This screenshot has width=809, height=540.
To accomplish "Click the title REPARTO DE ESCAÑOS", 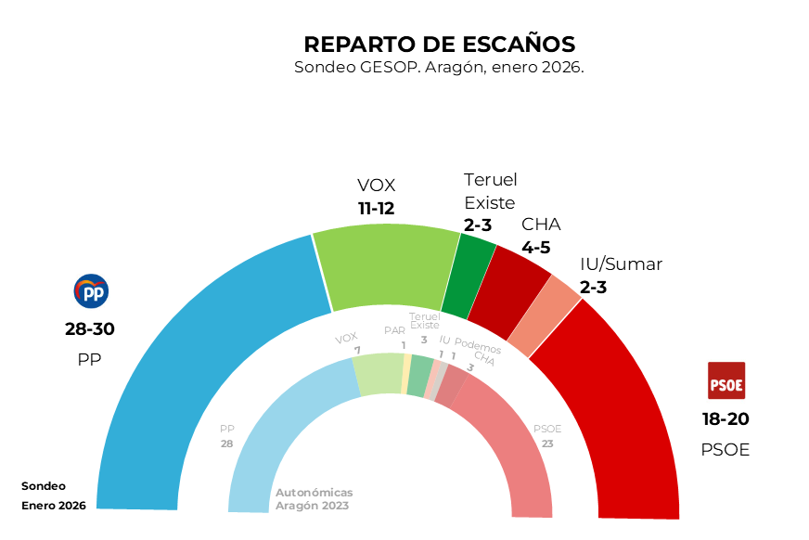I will pyautogui.click(x=439, y=45).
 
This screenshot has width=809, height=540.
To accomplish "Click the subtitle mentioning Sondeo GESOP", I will pyautogui.click(x=439, y=68).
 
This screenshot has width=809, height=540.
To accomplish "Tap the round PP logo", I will pyautogui.click(x=91, y=291).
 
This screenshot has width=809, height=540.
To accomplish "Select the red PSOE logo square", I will pyautogui.click(x=726, y=380).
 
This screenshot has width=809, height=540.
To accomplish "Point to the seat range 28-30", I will pyautogui.click(x=90, y=329).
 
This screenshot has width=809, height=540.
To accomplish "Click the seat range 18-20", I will pyautogui.click(x=726, y=419).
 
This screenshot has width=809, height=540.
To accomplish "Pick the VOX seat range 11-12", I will pyautogui.click(x=377, y=209).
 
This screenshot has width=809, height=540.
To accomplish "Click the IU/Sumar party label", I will pyautogui.click(x=621, y=264).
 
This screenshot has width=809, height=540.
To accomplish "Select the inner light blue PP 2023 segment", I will pyautogui.click(x=278, y=436).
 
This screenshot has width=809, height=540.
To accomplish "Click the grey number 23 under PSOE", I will pyautogui.click(x=547, y=444).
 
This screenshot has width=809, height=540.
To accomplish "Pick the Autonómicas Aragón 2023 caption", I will pyautogui.click(x=314, y=499).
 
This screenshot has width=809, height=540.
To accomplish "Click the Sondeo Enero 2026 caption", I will pyautogui.click(x=54, y=495).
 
